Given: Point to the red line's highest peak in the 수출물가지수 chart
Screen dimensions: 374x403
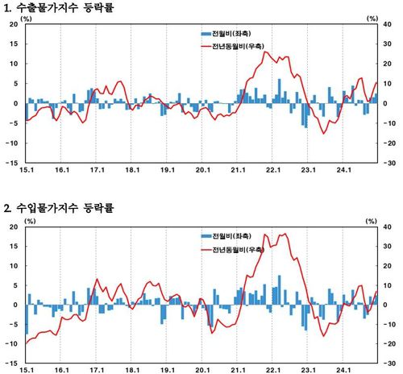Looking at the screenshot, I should (268, 53).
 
